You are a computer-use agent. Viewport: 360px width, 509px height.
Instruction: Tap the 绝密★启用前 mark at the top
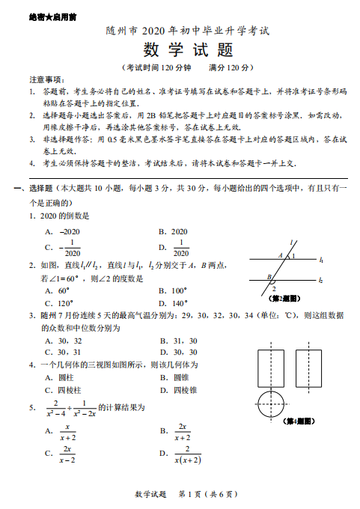(x=35, y=16)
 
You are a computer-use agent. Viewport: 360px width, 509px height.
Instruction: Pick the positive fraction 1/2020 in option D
(x=180, y=247)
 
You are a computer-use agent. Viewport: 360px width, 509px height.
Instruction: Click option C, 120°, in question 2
(x=63, y=303)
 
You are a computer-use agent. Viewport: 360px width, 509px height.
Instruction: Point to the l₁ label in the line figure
(x=321, y=260)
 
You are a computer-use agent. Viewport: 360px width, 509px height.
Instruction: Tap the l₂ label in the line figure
(x=321, y=280)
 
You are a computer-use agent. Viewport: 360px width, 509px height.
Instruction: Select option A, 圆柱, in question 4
(x=61, y=377)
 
